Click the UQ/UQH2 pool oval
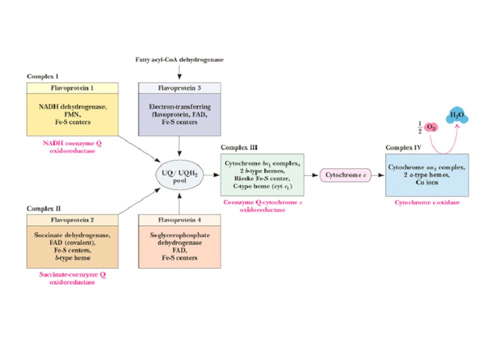[179, 175]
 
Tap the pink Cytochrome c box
[345, 175]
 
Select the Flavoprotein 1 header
[72, 88]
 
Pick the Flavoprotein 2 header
[72, 220]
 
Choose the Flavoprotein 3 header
[179, 88]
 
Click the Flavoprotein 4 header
[179, 220]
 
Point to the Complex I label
[42, 76]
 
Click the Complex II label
[44, 208]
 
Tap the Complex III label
[239, 147]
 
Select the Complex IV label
[403, 147]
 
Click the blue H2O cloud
[456, 115]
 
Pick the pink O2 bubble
[431, 127]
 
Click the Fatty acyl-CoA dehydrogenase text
[179, 59]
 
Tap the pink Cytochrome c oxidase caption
[427, 202]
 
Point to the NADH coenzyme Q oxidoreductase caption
[72, 147]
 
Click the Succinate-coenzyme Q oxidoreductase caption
[72, 278]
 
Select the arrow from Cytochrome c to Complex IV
[378, 175]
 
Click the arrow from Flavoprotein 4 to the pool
[179, 203]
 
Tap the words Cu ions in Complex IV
[427, 182]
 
